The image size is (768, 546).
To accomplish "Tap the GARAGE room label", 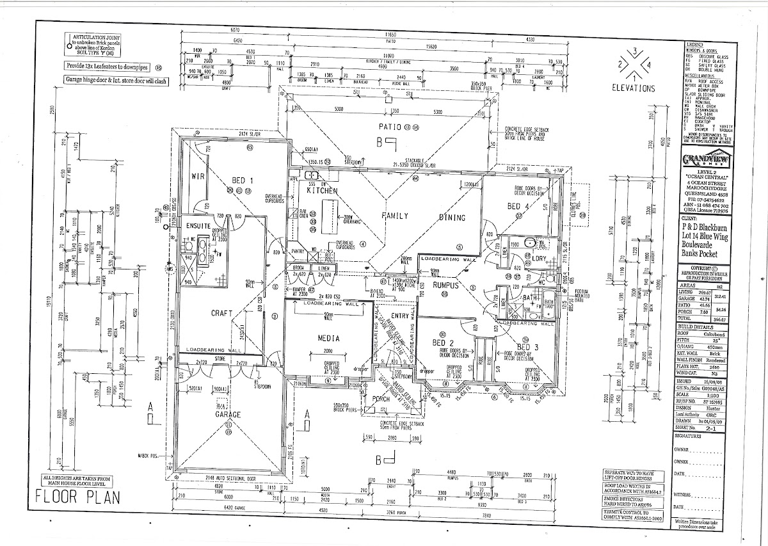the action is coord(228,415).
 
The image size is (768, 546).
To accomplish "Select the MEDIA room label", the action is coord(328,338).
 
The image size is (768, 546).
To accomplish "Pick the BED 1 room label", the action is coord(243,181).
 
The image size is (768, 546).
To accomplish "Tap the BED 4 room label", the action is coord(518,206).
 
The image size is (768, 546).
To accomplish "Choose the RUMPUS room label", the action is coord(447,286).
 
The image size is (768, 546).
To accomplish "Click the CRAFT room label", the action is coord(221,314).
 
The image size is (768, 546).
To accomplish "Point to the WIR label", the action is coord(197,175).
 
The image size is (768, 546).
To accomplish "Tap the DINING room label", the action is coord(452,217).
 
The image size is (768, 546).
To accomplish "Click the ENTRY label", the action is coord(399,316).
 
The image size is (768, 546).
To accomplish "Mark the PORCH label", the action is coord(381,399).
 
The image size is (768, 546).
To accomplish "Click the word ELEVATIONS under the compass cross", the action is coord(633,88).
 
